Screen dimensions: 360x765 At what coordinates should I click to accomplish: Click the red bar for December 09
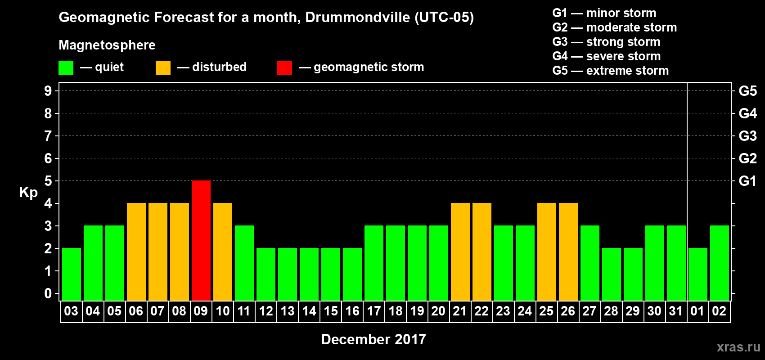pos(201,240)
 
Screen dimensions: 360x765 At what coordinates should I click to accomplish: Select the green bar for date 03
pos(72,274)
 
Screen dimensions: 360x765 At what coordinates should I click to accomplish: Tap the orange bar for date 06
pos(136,252)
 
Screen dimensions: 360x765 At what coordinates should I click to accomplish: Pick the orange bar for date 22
pos(482,252)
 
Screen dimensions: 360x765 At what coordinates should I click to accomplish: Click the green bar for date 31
pos(676,263)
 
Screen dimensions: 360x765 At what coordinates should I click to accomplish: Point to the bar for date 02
pos(720,263)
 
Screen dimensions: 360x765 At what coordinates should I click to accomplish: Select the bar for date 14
pos(309,274)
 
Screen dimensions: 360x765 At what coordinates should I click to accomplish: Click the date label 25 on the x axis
pos(546,311)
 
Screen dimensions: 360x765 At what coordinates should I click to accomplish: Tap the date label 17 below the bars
pos(374,311)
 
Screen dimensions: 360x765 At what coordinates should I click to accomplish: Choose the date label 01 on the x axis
pos(697,311)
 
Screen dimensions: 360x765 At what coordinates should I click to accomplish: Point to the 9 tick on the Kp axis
pos(48,91)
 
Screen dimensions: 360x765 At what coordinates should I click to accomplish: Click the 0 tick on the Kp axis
pos(48,293)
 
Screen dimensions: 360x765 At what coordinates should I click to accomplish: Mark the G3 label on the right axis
pos(747,136)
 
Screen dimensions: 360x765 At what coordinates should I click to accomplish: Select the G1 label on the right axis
pos(747,181)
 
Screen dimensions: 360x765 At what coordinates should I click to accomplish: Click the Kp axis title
pos(28,192)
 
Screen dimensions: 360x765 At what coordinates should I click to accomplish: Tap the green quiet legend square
pos(66,68)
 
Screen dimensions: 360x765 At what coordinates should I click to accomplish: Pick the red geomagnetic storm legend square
pos(284,68)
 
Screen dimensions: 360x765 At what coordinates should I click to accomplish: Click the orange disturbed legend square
pos(163,68)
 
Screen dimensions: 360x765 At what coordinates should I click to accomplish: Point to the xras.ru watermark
pos(738,347)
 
